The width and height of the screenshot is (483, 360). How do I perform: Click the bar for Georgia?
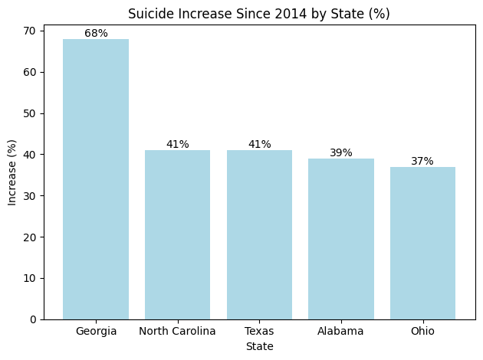point(96,179)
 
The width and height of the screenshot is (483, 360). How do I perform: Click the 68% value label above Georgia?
point(96,33)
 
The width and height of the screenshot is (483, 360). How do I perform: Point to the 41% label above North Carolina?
point(177,144)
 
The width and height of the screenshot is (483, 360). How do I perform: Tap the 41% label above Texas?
point(259,144)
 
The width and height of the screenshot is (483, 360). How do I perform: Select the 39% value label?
point(341,152)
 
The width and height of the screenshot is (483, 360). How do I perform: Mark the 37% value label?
point(422,161)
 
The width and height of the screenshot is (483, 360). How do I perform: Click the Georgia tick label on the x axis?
point(96,331)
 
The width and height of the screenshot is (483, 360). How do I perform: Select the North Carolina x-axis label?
point(177,331)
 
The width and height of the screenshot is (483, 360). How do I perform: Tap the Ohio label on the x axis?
point(422,331)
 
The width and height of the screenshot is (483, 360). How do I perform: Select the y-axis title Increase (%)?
point(11,172)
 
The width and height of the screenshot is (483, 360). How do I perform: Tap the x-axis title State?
point(259,346)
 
